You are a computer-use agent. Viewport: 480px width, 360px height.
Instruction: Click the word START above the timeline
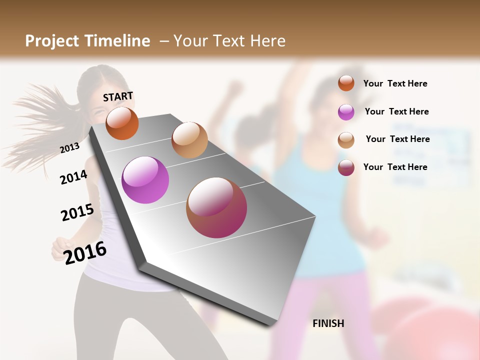[118, 96]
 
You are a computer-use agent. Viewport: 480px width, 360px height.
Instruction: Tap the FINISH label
[328, 323]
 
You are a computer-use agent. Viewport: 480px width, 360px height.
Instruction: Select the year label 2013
[69, 148]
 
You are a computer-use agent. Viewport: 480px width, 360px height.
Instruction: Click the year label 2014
[73, 177]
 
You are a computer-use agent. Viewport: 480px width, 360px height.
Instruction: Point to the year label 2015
[77, 212]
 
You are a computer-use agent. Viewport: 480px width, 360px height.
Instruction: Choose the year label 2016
[85, 252]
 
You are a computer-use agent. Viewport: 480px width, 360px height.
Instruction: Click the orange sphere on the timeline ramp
[122, 123]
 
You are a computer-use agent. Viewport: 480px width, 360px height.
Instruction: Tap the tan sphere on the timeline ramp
[189, 140]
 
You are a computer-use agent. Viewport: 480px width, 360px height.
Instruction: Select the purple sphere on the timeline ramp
[145, 180]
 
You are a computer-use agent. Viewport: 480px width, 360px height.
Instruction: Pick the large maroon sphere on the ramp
[216, 207]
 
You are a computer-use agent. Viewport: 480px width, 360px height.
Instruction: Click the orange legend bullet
[346, 83]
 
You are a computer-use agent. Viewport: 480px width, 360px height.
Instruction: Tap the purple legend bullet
[346, 112]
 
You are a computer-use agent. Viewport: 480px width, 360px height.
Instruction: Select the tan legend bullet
[346, 140]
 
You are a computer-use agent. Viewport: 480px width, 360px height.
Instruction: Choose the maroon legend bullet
[346, 167]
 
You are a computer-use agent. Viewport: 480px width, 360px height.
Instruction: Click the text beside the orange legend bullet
[395, 83]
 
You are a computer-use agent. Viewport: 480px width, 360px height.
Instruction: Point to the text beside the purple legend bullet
[396, 111]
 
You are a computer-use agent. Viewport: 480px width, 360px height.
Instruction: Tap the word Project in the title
[52, 41]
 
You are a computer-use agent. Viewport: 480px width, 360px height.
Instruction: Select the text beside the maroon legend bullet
[395, 167]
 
